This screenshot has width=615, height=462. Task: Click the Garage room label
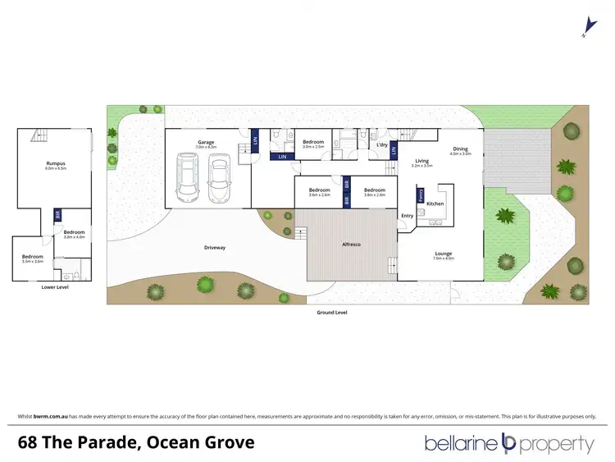(x=205, y=143)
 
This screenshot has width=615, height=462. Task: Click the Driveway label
(x=215, y=247)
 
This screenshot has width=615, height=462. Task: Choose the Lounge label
(x=444, y=254)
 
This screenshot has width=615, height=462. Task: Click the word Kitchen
(x=435, y=203)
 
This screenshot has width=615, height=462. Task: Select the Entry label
(x=407, y=216)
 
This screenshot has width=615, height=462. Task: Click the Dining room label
(x=460, y=149)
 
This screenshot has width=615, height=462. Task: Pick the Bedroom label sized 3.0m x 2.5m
(x=312, y=143)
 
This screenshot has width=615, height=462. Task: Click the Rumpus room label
(x=56, y=163)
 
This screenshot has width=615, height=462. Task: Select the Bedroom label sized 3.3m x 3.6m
(x=32, y=257)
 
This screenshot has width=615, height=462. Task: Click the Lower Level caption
(x=55, y=287)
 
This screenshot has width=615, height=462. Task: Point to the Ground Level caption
(x=332, y=313)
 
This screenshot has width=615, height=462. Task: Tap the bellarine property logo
(x=508, y=444)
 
